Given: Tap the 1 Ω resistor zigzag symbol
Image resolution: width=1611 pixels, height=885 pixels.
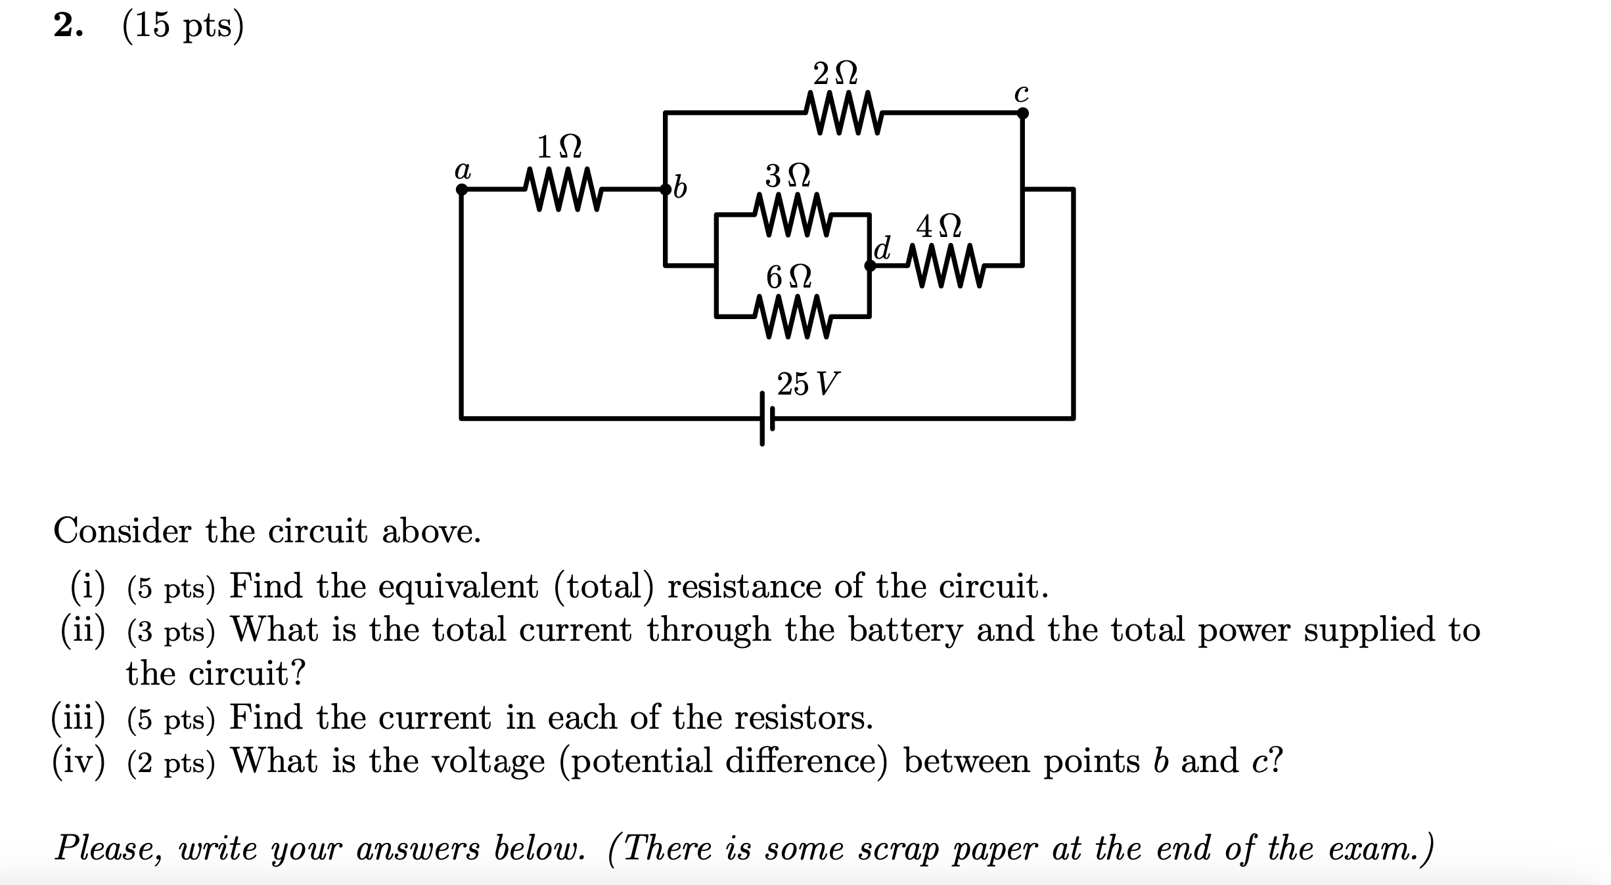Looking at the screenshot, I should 564,190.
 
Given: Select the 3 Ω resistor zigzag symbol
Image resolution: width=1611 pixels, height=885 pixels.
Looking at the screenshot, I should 793,214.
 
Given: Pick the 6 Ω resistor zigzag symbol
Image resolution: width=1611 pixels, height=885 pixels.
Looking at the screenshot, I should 793,316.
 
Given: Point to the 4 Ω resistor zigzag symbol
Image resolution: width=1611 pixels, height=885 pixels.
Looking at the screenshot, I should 946,265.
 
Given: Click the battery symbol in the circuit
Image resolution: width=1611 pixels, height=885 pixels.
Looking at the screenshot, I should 767,418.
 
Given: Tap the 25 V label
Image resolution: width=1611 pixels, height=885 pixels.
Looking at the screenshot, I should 808,384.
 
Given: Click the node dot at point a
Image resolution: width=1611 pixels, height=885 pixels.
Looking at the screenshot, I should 462,190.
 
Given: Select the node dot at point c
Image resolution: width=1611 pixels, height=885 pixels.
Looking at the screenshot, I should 1022,113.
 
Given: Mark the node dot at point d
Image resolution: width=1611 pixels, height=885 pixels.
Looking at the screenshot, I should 870,266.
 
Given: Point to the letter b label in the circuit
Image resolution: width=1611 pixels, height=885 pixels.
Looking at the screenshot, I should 680,189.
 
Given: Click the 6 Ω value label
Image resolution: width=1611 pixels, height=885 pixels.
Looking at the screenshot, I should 788,278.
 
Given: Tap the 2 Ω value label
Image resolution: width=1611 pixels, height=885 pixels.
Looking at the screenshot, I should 835,74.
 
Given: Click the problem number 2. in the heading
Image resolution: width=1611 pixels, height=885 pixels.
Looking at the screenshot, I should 68,26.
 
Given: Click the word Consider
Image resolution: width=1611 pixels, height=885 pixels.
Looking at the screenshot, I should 122,530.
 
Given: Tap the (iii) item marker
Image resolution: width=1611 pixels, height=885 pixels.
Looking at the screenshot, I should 78,718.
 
